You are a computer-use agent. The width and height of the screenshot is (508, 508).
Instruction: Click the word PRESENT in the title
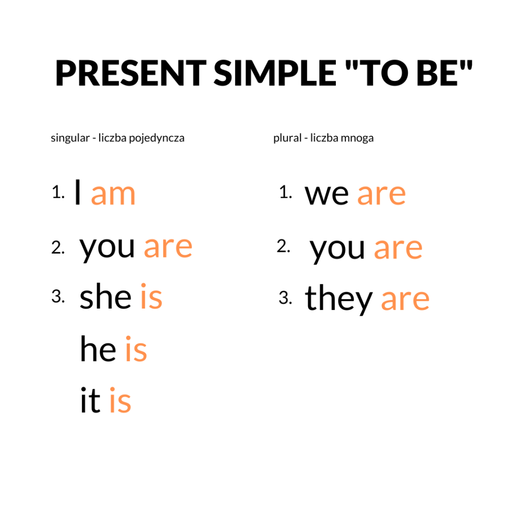[x=130, y=73]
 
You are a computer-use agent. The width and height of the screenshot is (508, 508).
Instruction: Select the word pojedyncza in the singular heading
[x=157, y=138]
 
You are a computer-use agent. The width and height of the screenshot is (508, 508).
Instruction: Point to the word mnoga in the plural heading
[x=357, y=138]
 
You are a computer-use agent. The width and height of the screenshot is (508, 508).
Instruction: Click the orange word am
[x=113, y=194]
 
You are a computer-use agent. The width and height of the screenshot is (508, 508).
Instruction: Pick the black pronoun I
[x=78, y=193]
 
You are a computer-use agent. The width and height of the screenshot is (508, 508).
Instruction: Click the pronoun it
[x=90, y=401]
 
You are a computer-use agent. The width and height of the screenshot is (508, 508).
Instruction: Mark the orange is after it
[x=120, y=401]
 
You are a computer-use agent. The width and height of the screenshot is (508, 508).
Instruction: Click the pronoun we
[x=327, y=194]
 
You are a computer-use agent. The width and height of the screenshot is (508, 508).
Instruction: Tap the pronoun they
[x=339, y=299]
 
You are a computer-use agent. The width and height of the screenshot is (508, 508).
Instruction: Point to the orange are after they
[x=405, y=300]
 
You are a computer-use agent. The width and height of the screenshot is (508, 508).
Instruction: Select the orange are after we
[x=381, y=194]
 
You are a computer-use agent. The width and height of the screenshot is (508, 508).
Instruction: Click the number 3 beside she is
[x=58, y=297]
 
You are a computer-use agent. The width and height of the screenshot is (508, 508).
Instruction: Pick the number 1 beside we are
[x=285, y=192]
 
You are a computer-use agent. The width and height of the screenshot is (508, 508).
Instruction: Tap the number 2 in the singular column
[x=58, y=247]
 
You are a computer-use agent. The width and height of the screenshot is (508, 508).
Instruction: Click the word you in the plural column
[x=337, y=248]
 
